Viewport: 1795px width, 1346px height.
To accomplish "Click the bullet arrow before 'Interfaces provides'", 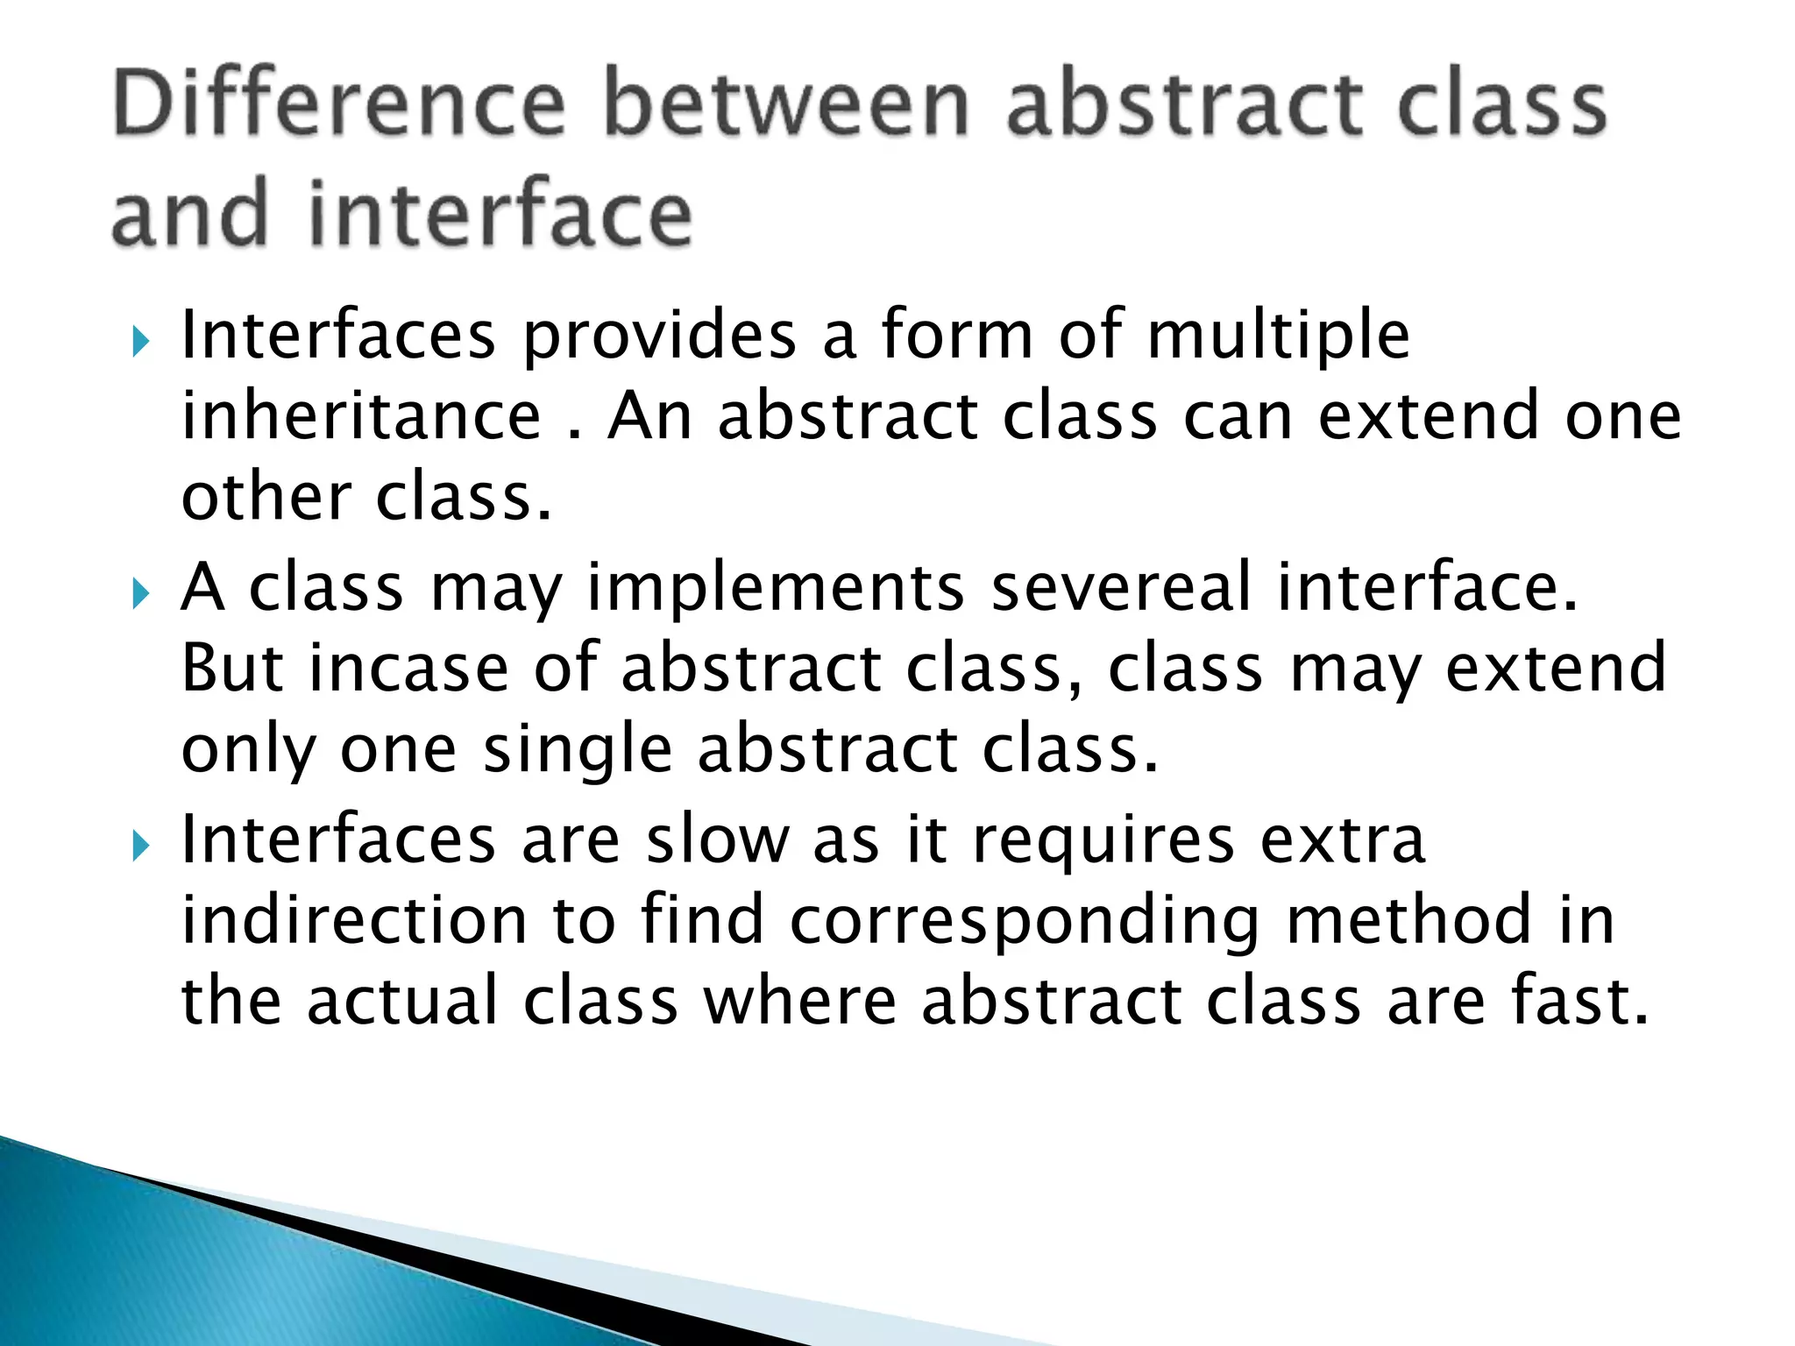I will [141, 341].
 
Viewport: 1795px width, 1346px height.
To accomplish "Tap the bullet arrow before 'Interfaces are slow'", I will [141, 847].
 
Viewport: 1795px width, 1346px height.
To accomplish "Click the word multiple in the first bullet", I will [1278, 336].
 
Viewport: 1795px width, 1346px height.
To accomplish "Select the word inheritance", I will [361, 416].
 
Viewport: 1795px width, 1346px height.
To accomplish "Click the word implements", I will [776, 589].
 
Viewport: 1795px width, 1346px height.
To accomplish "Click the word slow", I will [718, 839].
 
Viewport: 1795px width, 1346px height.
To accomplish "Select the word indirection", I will [354, 919].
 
